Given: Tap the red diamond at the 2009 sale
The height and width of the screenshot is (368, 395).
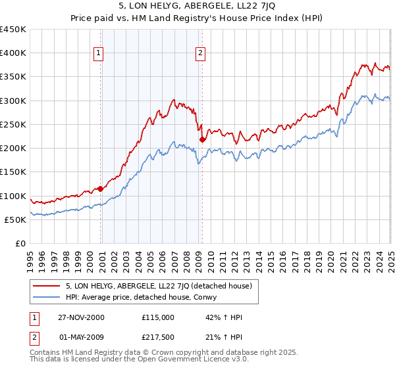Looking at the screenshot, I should [x=202, y=139].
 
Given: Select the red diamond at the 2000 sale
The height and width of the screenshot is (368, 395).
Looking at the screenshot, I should [x=101, y=189].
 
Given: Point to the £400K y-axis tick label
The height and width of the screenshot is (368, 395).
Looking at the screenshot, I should [x=13, y=53].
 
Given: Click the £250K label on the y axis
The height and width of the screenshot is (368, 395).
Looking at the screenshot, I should [x=13, y=124].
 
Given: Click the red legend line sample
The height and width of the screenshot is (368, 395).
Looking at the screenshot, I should [x=47, y=286].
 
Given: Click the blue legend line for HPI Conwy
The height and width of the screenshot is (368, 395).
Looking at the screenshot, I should [x=47, y=297].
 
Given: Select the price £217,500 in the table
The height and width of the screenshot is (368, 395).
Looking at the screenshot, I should [x=157, y=337].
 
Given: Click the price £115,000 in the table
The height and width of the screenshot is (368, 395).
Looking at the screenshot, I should [x=157, y=317].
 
